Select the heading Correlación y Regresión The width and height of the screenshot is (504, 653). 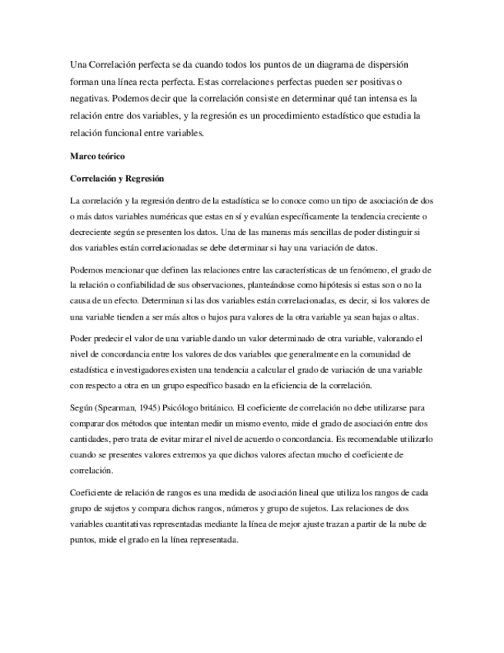pos(117,179)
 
